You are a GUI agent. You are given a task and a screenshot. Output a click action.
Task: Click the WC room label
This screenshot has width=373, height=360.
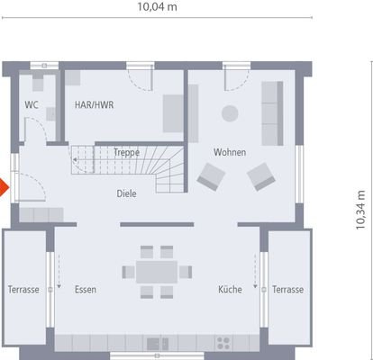coord(32,104)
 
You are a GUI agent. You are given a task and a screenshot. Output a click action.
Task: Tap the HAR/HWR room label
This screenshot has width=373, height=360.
coord(94,104)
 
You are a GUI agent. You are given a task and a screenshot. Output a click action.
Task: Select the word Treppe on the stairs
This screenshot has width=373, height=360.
coord(125,153)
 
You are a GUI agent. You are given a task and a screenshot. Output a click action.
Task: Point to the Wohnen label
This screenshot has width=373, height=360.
coord(229,152)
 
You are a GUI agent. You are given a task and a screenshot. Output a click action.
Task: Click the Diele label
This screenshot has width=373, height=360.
coord(126,193)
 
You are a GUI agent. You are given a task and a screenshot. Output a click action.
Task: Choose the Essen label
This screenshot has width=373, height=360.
coord(86,290)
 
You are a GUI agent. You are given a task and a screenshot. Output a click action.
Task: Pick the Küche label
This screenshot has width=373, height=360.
coord(229,290)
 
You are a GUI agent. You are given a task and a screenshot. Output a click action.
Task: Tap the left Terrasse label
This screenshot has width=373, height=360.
coord(23,290)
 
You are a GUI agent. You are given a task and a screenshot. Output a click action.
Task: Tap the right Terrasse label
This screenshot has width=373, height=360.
coord(288,290)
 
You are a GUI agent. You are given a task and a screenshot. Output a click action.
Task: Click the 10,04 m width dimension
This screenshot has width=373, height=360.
coord(157,8)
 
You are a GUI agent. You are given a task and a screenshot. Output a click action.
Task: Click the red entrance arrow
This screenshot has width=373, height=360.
coord(4,188)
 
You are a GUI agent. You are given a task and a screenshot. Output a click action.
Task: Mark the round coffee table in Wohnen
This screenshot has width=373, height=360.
coord(230,112)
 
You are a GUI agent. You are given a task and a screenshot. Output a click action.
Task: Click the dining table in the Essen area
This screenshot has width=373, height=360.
coord(157,271)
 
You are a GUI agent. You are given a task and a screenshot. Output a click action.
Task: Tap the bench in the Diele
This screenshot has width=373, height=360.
coord(37,214)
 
